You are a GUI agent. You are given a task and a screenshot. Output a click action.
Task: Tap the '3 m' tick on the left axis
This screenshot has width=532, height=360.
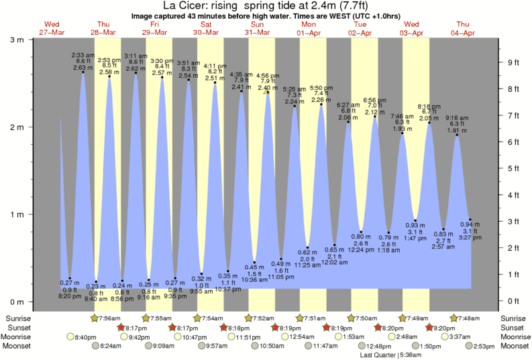[15, 40]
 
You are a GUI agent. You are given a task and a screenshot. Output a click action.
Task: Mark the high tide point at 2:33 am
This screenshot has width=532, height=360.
[83, 72]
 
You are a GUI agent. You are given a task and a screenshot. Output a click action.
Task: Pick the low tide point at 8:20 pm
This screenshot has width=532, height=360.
[70, 278]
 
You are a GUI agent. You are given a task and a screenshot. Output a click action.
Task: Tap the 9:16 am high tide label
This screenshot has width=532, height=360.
[457, 118]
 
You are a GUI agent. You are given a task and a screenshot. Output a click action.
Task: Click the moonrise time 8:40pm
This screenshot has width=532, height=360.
[85, 337]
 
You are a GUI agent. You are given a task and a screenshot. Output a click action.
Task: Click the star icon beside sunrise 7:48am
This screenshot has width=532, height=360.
[454, 318]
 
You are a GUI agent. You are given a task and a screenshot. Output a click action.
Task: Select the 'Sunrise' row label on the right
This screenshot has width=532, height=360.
[513, 318]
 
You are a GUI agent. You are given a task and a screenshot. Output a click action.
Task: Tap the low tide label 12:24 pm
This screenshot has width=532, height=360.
[361, 249]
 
